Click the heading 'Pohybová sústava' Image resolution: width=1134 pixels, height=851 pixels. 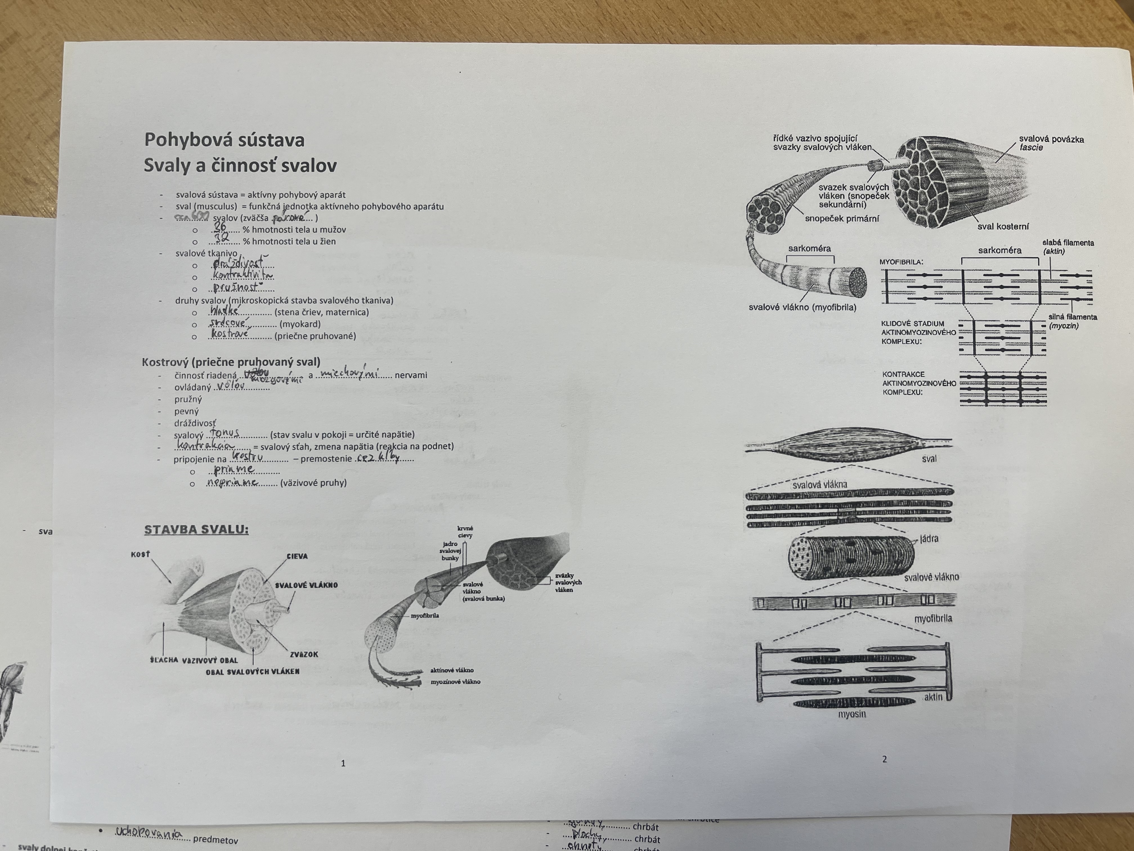(224, 140)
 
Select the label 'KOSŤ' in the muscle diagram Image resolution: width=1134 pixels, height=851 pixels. (140, 555)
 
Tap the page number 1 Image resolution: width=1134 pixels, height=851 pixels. (343, 763)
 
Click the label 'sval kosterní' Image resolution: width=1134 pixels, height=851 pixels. (1003, 226)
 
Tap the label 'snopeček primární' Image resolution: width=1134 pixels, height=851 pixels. (842, 218)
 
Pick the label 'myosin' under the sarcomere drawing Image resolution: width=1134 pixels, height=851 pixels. (852, 714)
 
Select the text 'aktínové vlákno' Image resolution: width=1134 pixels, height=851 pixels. (452, 670)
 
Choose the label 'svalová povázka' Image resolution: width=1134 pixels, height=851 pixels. (1051, 139)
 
